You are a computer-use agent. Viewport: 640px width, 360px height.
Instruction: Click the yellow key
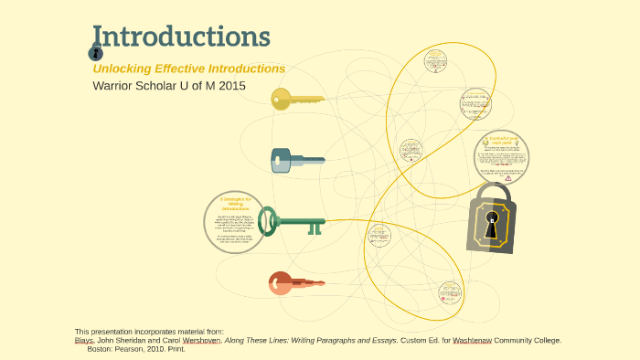click(x=296, y=100)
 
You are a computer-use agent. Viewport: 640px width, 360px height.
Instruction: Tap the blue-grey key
click(x=296, y=161)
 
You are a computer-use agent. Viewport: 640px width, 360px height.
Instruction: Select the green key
click(x=293, y=221)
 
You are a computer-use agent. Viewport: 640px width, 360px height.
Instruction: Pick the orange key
click(x=295, y=283)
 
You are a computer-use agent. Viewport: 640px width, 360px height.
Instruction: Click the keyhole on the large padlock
click(x=491, y=224)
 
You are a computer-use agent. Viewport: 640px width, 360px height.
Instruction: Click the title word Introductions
click(x=181, y=37)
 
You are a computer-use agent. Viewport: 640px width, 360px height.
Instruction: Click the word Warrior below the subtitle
click(x=114, y=86)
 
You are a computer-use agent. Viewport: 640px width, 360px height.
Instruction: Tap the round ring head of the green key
click(x=267, y=221)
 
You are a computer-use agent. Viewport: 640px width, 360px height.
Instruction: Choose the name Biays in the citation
click(x=84, y=340)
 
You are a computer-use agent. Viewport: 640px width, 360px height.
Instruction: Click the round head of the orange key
click(x=280, y=283)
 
